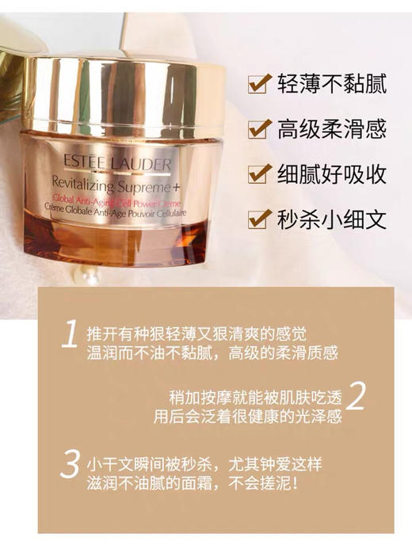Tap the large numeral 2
[357, 397]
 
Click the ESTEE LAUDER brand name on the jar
[113, 164]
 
